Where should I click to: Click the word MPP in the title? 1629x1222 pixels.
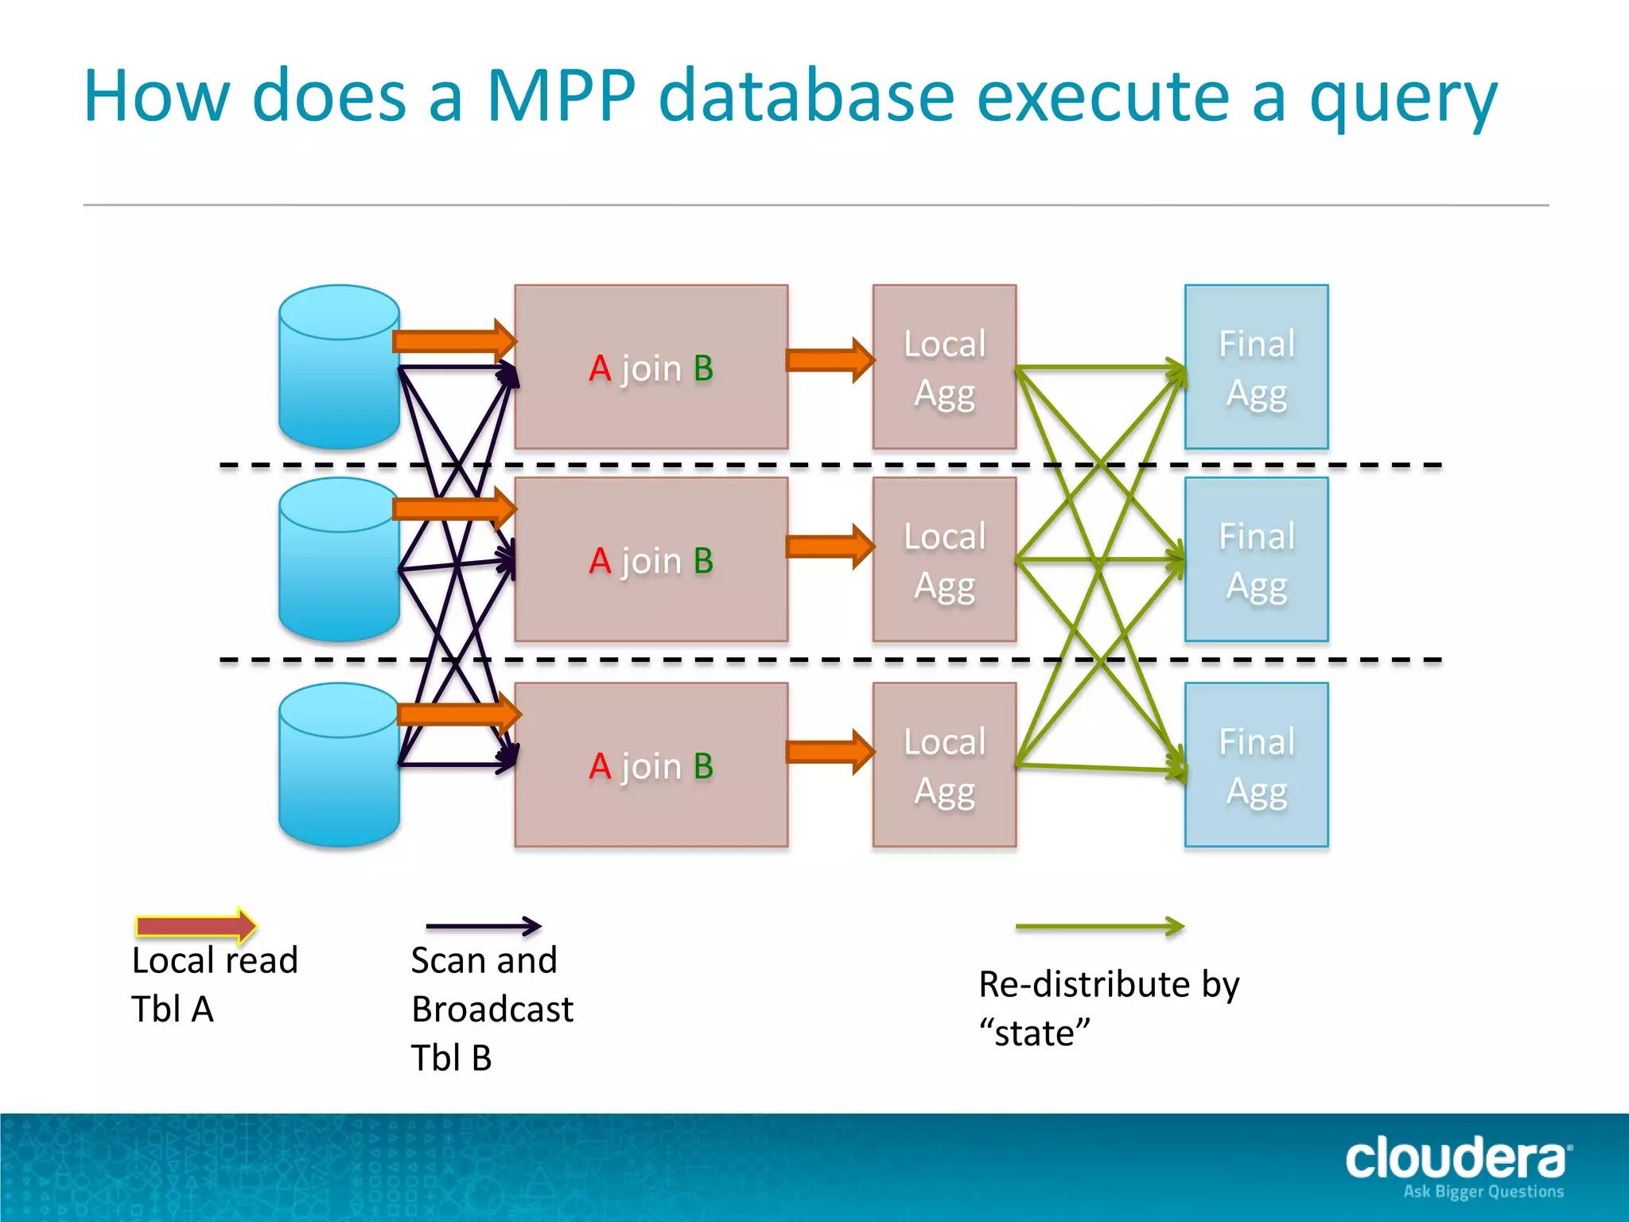(561, 96)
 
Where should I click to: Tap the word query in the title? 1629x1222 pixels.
(1403, 99)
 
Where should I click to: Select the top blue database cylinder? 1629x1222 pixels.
(339, 368)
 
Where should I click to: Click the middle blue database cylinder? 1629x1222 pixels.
(339, 560)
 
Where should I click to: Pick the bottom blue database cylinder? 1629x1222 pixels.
(339, 765)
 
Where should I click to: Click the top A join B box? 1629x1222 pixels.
(651, 368)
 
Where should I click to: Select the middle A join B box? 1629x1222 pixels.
(651, 560)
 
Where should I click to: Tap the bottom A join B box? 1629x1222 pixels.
(651, 765)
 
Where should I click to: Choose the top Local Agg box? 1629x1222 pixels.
(944, 368)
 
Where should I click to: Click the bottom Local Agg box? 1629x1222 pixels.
(944, 765)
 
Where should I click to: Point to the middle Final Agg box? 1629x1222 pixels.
(1256, 560)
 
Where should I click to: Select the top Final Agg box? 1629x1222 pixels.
(1256, 368)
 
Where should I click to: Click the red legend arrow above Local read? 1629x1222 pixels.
(196, 925)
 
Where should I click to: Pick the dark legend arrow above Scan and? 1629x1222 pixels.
(483, 925)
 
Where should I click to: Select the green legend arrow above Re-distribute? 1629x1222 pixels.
(1099, 926)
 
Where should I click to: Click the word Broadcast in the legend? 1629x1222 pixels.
(492, 1010)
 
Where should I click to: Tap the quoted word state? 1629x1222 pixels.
(1034, 1033)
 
